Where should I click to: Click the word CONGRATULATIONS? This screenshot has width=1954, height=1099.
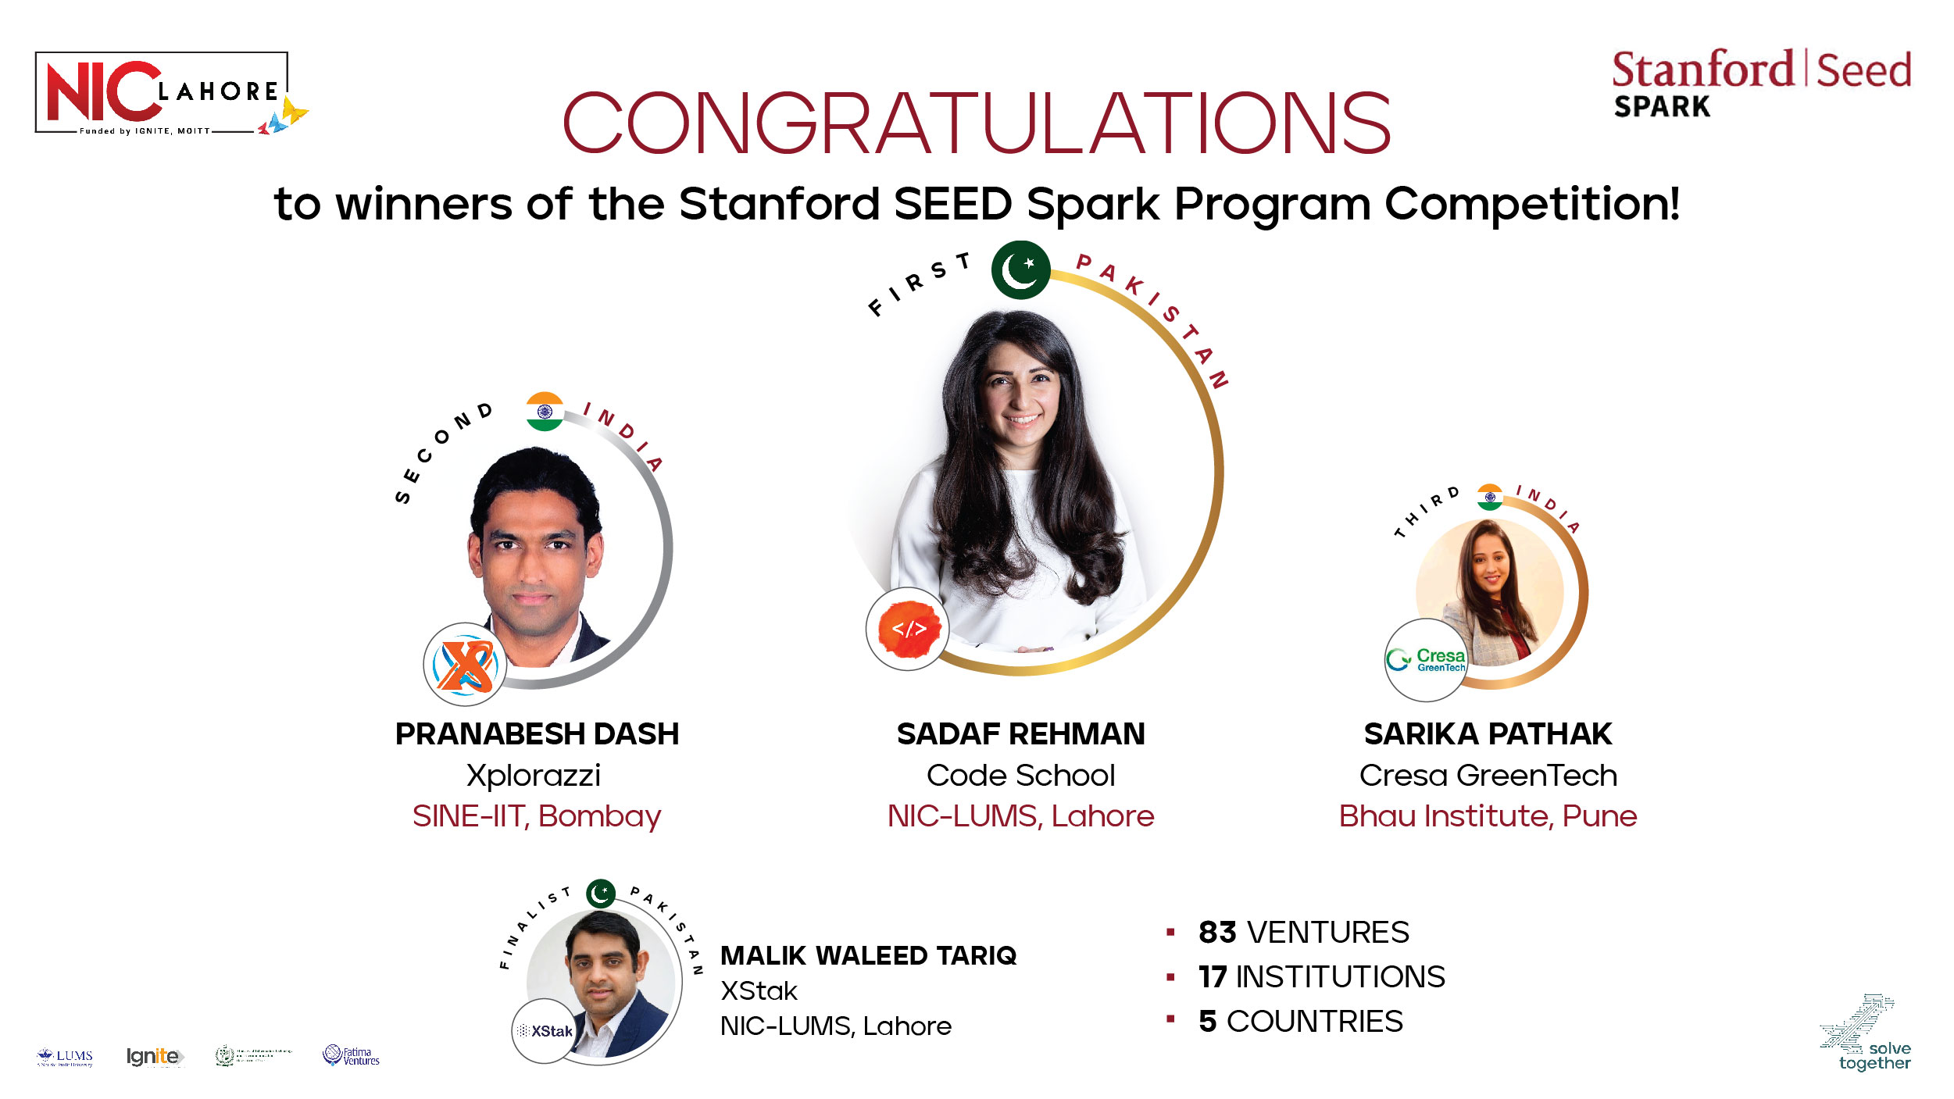click(977, 123)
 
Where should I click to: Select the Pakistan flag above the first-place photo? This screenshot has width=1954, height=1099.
click(1020, 270)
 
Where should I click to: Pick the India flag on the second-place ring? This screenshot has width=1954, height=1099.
click(545, 412)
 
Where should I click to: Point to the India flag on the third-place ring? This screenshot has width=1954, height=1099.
click(1490, 498)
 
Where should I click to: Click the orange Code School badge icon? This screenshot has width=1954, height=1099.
click(908, 629)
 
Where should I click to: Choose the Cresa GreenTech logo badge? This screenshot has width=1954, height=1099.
click(1427, 660)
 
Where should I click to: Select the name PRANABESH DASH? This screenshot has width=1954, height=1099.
click(537, 734)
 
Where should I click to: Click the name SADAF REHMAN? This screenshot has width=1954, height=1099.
click(1020, 734)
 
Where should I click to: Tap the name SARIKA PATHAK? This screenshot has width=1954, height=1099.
click(1488, 734)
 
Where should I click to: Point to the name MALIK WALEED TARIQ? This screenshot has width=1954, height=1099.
click(868, 955)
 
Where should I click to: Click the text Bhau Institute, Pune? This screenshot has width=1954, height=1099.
click(1488, 816)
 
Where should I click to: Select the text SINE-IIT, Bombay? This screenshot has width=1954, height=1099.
click(537, 816)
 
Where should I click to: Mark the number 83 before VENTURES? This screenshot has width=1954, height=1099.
click(1217, 933)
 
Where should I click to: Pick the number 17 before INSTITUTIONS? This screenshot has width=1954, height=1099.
click(1213, 977)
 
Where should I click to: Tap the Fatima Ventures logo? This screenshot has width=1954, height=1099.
click(352, 1056)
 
